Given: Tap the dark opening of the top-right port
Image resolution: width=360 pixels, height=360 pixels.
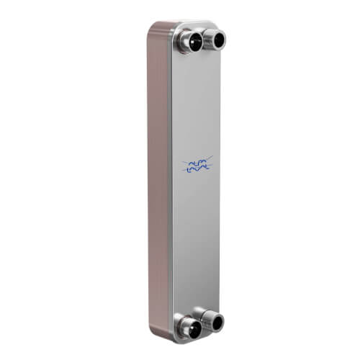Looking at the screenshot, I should coord(217,41).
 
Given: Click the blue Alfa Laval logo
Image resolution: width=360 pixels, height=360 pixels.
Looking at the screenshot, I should coord(197,166).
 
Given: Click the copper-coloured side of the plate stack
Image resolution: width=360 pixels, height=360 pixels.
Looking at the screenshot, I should coord(159,180).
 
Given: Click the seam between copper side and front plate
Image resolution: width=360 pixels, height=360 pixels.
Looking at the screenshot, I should coord(170,180).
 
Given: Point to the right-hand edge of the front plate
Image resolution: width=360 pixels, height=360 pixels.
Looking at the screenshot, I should coord(221,180).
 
